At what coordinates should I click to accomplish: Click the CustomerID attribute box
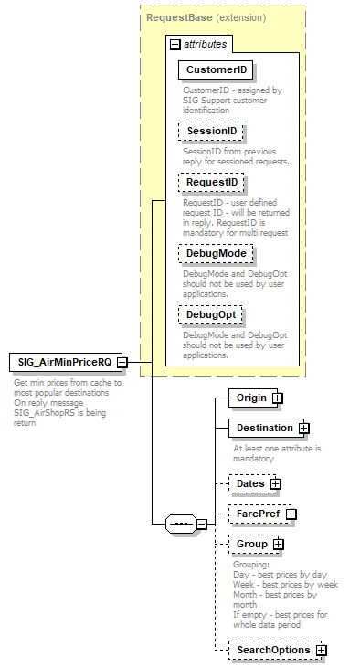[216, 69]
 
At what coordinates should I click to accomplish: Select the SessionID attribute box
[211, 132]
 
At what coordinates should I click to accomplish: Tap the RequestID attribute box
[212, 183]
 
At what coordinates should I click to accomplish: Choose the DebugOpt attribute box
[211, 314]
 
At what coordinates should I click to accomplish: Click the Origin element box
[250, 398]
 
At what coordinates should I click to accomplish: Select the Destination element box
[264, 428]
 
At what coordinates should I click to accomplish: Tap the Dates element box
[249, 483]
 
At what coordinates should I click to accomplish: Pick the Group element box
[251, 544]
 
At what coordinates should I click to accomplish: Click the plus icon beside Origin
[278, 398]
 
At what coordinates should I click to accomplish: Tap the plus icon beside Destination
[304, 428]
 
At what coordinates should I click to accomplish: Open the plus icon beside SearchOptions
[322, 651]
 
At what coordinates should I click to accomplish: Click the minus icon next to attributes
[175, 44]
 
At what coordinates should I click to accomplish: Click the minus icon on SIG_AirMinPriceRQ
[134, 363]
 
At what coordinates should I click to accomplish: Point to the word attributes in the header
[206, 44]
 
